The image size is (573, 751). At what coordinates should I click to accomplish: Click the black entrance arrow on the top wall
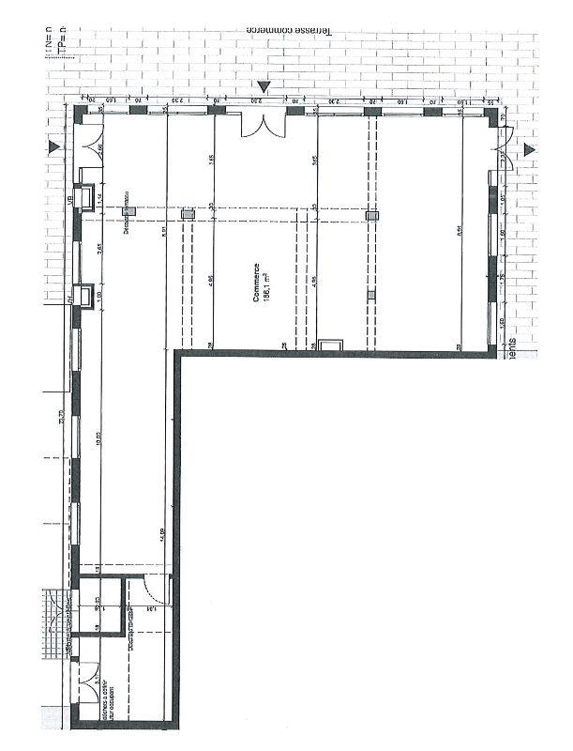tap(265, 87)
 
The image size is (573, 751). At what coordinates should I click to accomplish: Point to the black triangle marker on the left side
tap(55, 148)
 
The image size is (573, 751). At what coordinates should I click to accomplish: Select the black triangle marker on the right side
tap(529, 149)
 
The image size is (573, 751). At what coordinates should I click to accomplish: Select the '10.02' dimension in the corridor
tap(97, 437)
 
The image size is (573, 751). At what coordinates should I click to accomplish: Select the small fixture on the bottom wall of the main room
tap(330, 345)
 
